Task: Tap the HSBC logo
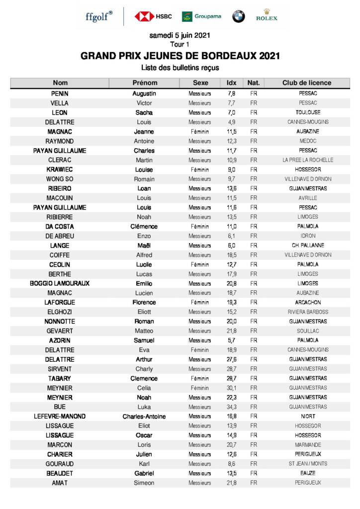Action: (x=153, y=16)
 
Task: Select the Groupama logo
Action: (x=201, y=16)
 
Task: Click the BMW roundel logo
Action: (x=239, y=16)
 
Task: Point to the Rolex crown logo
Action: (x=267, y=15)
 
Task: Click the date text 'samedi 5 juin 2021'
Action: (x=180, y=35)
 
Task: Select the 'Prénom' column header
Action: (x=145, y=83)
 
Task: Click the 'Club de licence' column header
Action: (x=306, y=83)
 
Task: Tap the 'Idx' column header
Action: (x=232, y=83)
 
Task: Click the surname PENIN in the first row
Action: (x=60, y=93)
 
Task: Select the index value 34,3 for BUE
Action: (x=232, y=407)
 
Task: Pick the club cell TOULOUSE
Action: (x=308, y=112)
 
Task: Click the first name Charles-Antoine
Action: (x=144, y=416)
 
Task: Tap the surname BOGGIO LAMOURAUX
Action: (x=60, y=283)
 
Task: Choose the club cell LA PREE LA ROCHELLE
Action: (x=308, y=160)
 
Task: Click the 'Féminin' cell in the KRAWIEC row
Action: (x=200, y=170)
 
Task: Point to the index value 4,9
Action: (x=232, y=122)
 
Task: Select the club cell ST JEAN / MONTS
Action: (x=308, y=464)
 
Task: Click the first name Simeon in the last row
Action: (x=144, y=483)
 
